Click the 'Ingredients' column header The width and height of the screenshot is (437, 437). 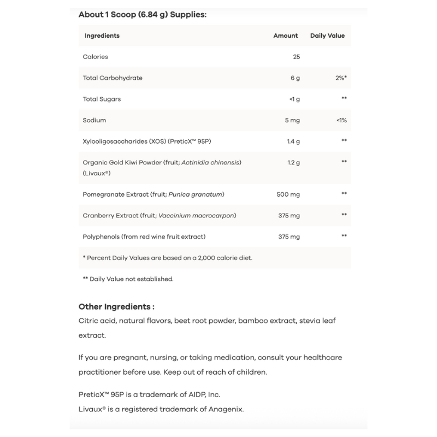tap(102, 36)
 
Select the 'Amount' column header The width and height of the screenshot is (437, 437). tap(286, 36)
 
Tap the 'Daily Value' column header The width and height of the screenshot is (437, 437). tap(327, 36)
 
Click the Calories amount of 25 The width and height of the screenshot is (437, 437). tap(296, 57)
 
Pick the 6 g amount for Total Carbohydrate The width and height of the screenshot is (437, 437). tap(295, 78)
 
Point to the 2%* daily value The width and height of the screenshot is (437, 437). tap(341, 78)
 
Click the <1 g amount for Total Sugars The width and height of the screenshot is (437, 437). tap(294, 99)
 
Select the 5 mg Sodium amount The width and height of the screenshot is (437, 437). tap(292, 120)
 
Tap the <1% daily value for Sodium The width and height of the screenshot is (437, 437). tap(342, 120)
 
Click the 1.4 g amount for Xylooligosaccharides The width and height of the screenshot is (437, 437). tap(293, 141)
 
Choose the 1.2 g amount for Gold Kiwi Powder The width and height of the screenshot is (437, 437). tap(293, 162)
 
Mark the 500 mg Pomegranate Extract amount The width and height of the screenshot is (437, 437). tap(289, 194)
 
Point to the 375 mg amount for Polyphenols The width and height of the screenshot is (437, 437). tap(289, 237)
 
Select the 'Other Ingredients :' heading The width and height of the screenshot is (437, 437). tap(116, 307)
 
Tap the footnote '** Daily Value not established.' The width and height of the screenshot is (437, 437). tap(128, 279)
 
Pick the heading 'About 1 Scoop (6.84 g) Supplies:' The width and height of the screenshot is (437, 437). tap(143, 14)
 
